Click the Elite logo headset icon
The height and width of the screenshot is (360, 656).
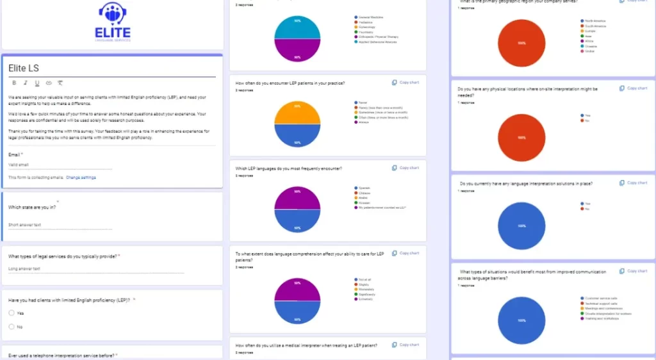[x=113, y=13]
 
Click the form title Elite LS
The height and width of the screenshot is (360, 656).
[x=24, y=68]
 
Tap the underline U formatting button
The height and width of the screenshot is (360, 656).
[x=37, y=83]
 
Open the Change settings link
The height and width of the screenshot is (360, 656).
[x=81, y=177]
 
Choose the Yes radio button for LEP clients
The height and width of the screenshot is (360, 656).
[x=12, y=313]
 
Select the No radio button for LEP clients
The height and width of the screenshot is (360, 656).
[x=12, y=327]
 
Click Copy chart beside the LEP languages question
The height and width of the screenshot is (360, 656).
[x=406, y=168]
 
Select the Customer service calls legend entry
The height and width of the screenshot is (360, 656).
[x=598, y=298]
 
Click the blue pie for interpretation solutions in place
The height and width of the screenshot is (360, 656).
[x=521, y=225]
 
